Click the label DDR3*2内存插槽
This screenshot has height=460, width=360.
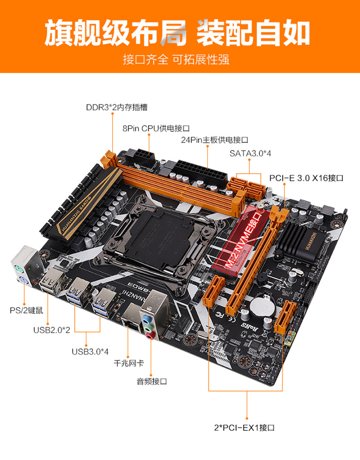(117, 108)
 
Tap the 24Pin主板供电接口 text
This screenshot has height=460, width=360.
(215, 140)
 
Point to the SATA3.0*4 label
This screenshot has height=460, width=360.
(251, 153)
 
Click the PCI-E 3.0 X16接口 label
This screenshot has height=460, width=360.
(306, 178)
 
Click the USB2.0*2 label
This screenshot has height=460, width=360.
(52, 330)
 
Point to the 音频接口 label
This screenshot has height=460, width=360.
(152, 381)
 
